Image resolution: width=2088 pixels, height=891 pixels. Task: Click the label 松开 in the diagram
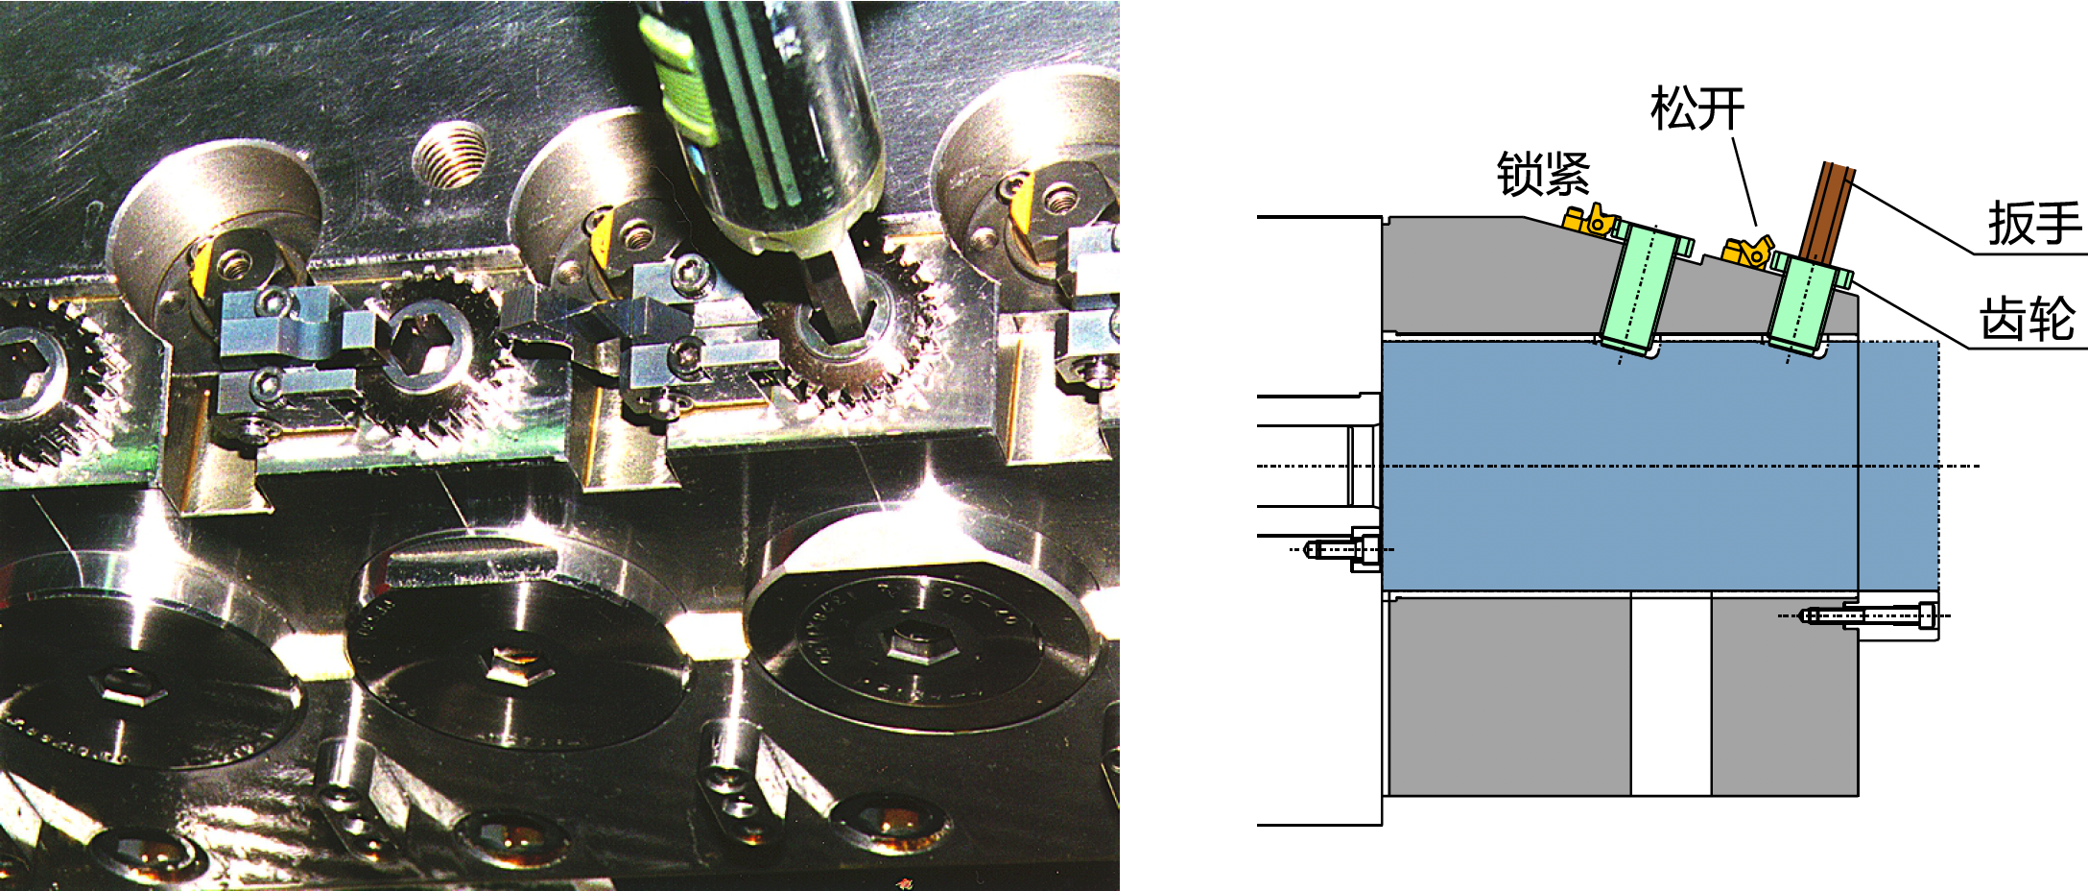1697,108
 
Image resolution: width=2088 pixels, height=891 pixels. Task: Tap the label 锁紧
1544,174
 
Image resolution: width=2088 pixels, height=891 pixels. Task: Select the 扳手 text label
2035,224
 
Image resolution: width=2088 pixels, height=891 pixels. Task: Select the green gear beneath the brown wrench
1805,305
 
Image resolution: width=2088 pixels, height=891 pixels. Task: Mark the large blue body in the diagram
1660,466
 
